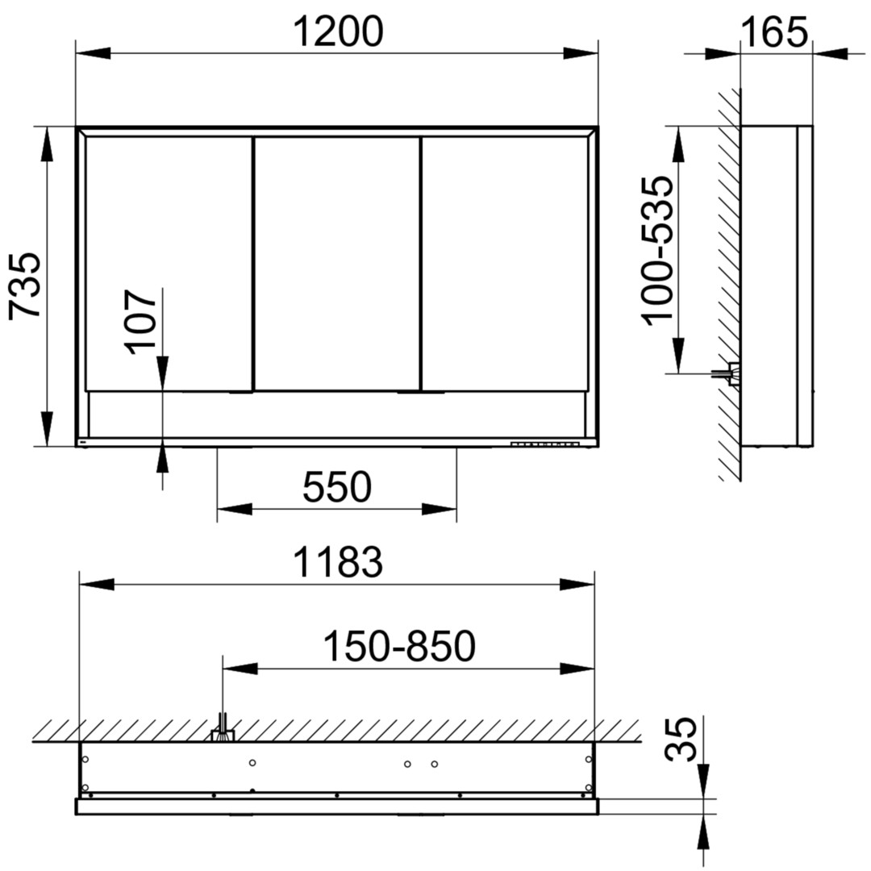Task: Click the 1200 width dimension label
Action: pyautogui.click(x=338, y=31)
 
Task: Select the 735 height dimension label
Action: pyautogui.click(x=26, y=285)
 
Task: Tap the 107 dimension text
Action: pyautogui.click(x=140, y=322)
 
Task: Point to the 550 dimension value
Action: pyautogui.click(x=336, y=486)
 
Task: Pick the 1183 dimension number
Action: pyautogui.click(x=338, y=561)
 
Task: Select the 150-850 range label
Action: pyautogui.click(x=399, y=646)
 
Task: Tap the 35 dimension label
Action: pyautogui.click(x=681, y=739)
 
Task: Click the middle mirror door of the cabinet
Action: pyautogui.click(x=336, y=263)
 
